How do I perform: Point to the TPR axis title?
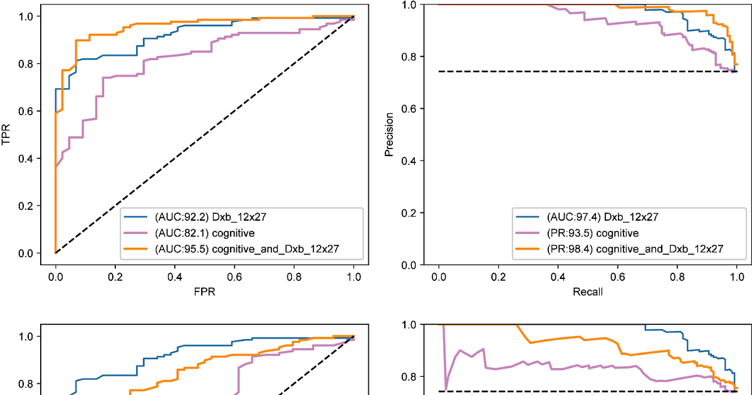coord(8,134)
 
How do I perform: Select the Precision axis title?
coord(390,134)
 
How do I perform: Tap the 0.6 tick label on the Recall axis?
coord(618,276)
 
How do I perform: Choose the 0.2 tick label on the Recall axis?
coord(499,276)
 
